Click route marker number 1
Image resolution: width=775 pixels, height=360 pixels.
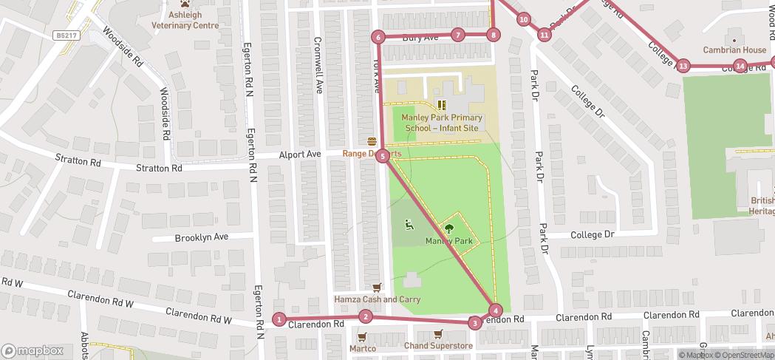tap(279, 319)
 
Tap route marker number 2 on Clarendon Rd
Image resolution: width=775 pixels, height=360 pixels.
tap(365, 317)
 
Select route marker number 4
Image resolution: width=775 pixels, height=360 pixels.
tap(496, 310)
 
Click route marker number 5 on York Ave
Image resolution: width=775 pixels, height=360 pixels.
tap(382, 156)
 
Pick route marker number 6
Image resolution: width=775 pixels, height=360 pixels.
tap(378, 37)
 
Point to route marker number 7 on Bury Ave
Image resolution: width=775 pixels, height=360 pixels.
tap(458, 35)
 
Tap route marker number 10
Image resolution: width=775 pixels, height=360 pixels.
tap(524, 19)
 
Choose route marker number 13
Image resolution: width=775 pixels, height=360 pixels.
tap(683, 67)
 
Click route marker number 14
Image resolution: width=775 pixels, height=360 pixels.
tap(740, 67)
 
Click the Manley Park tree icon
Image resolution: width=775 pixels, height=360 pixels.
tap(448, 228)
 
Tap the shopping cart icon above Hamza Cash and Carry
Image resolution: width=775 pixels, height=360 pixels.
tap(378, 287)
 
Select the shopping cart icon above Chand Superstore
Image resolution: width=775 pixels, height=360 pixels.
tap(438, 333)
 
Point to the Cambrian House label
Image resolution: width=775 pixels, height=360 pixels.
tap(734, 50)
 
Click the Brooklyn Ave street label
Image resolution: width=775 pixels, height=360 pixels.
tap(202, 238)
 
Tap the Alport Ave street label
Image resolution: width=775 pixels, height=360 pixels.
tap(300, 154)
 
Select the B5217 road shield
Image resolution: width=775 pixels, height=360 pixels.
tap(66, 35)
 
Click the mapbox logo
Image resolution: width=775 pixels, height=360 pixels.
tap(33, 350)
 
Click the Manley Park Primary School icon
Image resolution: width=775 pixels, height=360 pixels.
tap(442, 106)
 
